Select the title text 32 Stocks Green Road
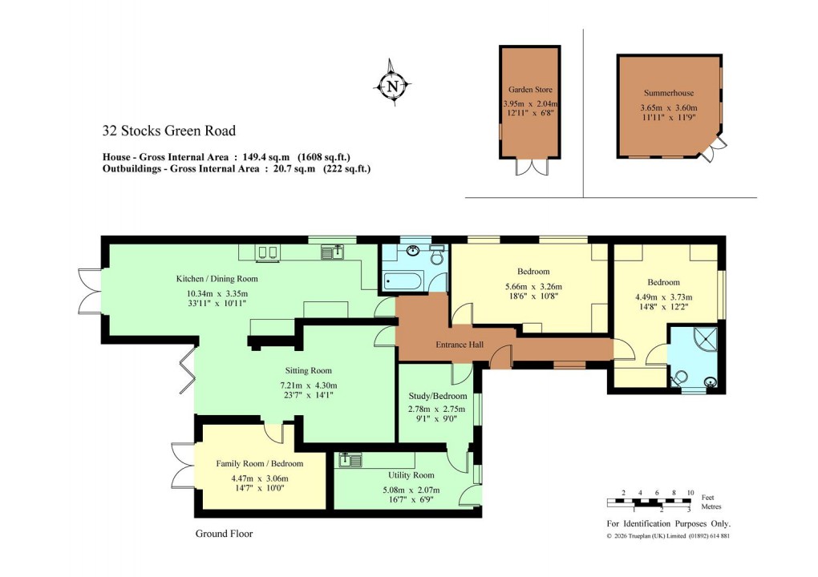pos(168,131)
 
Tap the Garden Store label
pos(530,90)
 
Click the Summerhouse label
pos(668,93)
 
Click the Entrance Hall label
pos(457,345)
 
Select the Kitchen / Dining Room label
pos(217,279)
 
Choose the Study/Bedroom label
pos(437,396)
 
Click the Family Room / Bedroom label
pos(260,463)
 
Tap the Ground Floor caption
pos(224,534)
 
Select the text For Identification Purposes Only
pos(668,523)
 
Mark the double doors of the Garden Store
pos(530,167)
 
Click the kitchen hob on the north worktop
pos(267,252)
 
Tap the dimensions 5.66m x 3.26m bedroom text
pos(533,287)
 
